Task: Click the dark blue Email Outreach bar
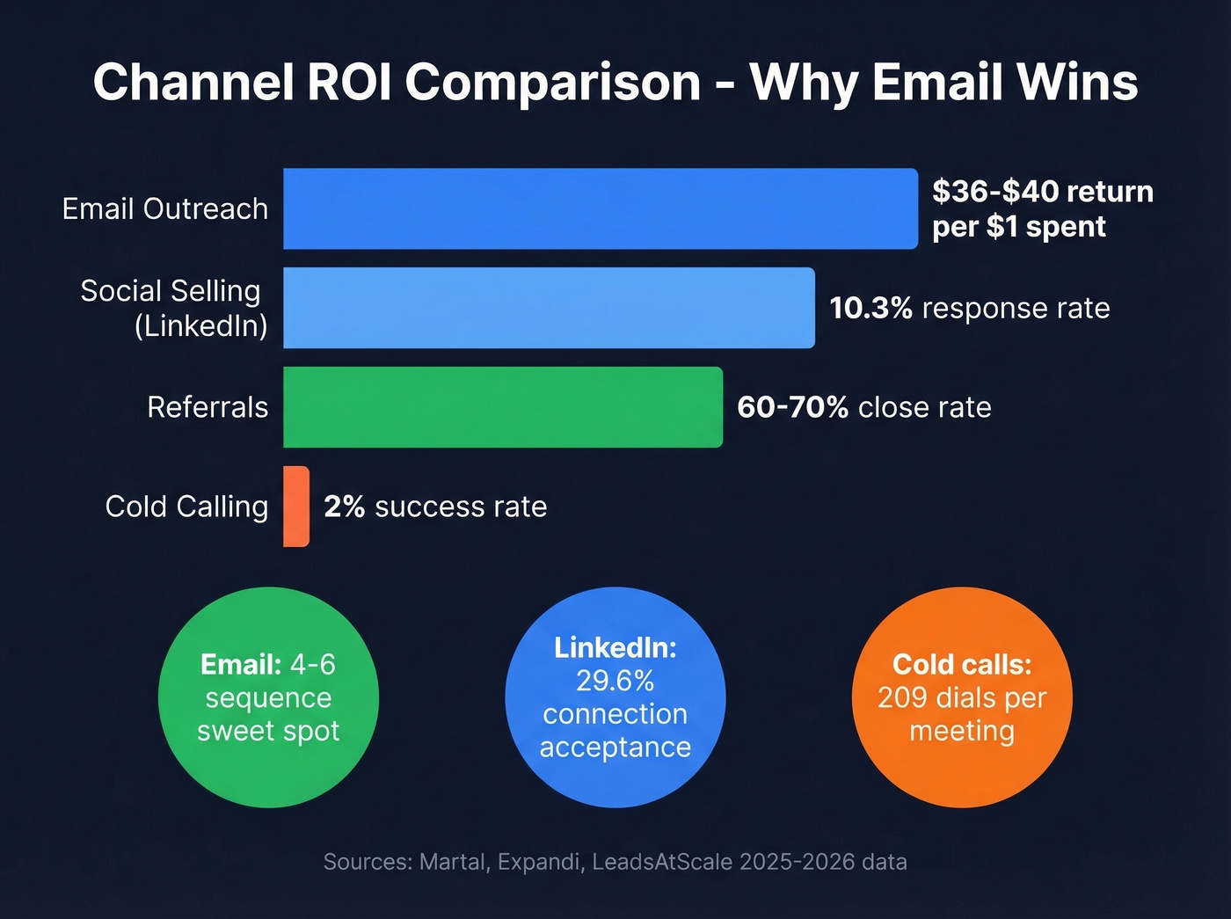tap(600, 208)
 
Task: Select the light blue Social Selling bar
tap(549, 308)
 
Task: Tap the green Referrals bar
tap(502, 407)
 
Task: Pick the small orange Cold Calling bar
tap(296, 507)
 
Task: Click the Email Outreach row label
tap(165, 209)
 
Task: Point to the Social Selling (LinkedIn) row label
tap(174, 308)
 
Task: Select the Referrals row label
tap(208, 407)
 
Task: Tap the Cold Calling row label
tap(186, 507)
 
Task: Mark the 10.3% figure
tap(870, 309)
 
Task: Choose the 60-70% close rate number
tap(792, 407)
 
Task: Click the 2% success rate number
tap(344, 507)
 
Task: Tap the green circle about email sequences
tap(268, 697)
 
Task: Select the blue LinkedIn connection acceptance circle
tap(615, 697)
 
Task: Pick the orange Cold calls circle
tap(962, 697)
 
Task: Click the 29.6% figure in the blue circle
tap(615, 681)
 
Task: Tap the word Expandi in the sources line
tap(539, 862)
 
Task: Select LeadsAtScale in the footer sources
tap(662, 862)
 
